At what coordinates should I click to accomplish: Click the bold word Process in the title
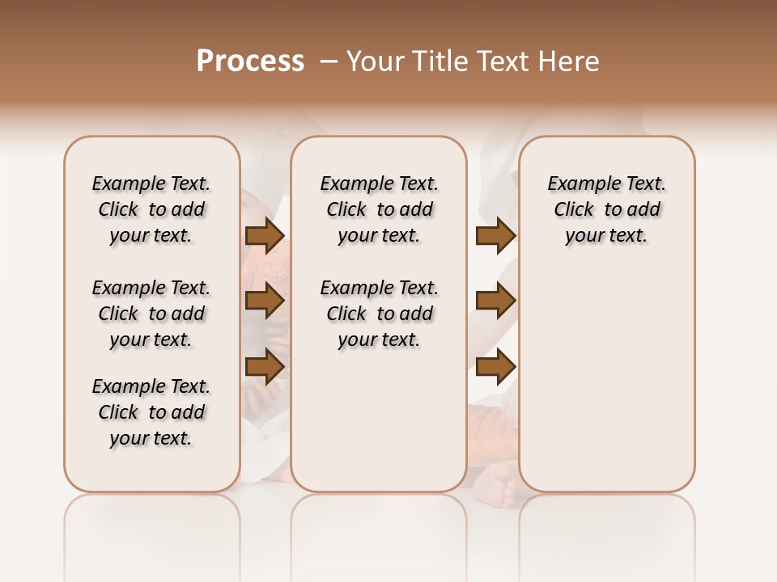250,61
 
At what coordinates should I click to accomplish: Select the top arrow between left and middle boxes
264,236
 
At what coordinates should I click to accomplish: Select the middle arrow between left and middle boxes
264,302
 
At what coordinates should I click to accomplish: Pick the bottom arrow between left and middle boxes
264,367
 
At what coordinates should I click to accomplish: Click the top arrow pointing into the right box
495,236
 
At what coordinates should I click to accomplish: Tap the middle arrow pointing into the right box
495,302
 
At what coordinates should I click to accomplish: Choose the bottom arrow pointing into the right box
495,367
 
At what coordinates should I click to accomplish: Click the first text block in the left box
151,209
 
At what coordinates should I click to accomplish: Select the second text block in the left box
151,314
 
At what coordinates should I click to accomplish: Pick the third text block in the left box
151,412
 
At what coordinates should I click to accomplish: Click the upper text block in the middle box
379,209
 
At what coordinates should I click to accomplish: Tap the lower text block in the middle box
379,314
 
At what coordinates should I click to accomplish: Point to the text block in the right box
606,209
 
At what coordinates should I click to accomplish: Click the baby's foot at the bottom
499,484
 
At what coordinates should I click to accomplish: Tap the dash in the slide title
329,61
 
